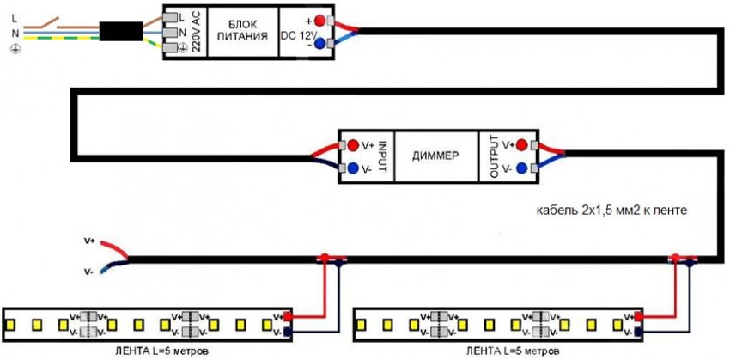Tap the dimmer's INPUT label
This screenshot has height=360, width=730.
(383, 156)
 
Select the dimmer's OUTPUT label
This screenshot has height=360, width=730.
(493, 156)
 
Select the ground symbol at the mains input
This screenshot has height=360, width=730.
(14, 51)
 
